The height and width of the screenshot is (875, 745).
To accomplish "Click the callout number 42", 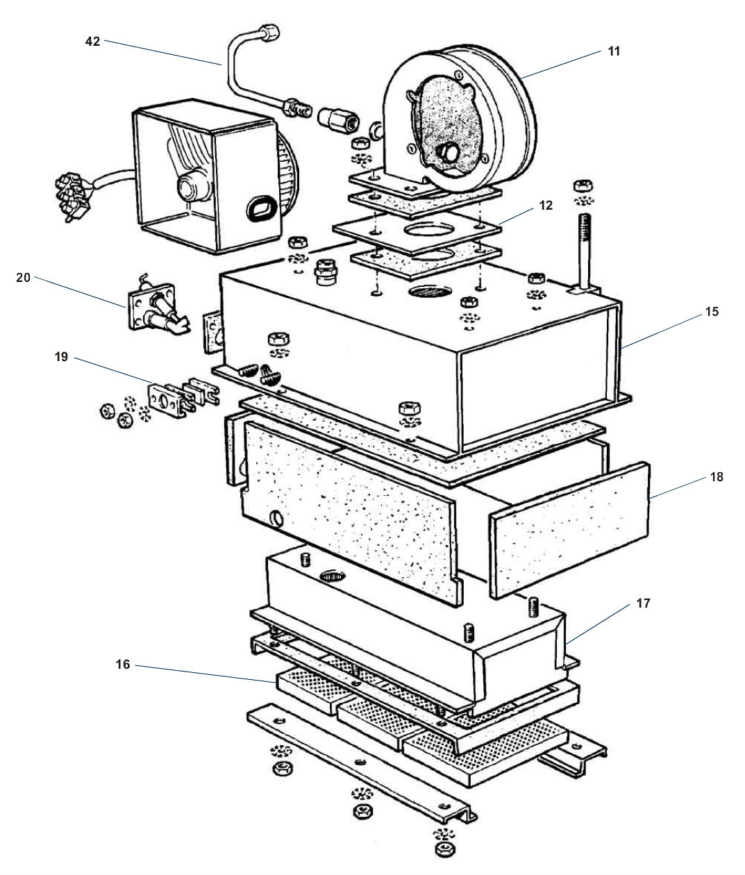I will (x=92, y=42).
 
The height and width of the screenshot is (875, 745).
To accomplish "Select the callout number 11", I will (x=613, y=51).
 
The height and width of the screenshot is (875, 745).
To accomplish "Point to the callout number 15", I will (x=711, y=312).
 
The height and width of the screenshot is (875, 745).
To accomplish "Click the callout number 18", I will (x=717, y=477).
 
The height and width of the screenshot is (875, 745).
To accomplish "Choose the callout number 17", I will (x=643, y=603).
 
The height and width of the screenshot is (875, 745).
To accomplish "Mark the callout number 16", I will (x=122, y=665).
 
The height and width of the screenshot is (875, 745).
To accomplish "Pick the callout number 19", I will (x=61, y=357).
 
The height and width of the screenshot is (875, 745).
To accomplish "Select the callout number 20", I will (x=23, y=277).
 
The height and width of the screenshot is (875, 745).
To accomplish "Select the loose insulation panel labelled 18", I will (x=569, y=531).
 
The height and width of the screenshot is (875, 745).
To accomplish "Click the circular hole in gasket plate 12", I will (x=426, y=232).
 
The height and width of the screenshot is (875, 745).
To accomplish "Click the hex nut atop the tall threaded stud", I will (x=582, y=186).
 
